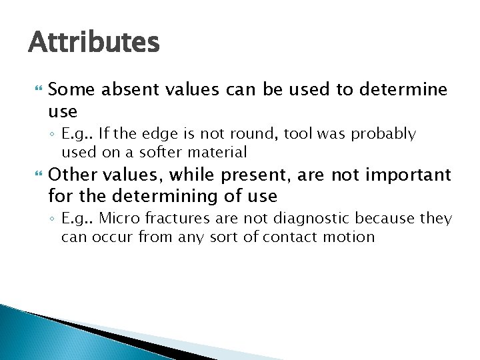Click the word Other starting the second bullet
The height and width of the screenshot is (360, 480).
point(69,175)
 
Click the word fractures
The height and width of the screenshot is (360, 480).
point(163,219)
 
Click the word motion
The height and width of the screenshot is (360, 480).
point(348,237)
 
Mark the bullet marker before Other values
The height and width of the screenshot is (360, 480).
point(37,175)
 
